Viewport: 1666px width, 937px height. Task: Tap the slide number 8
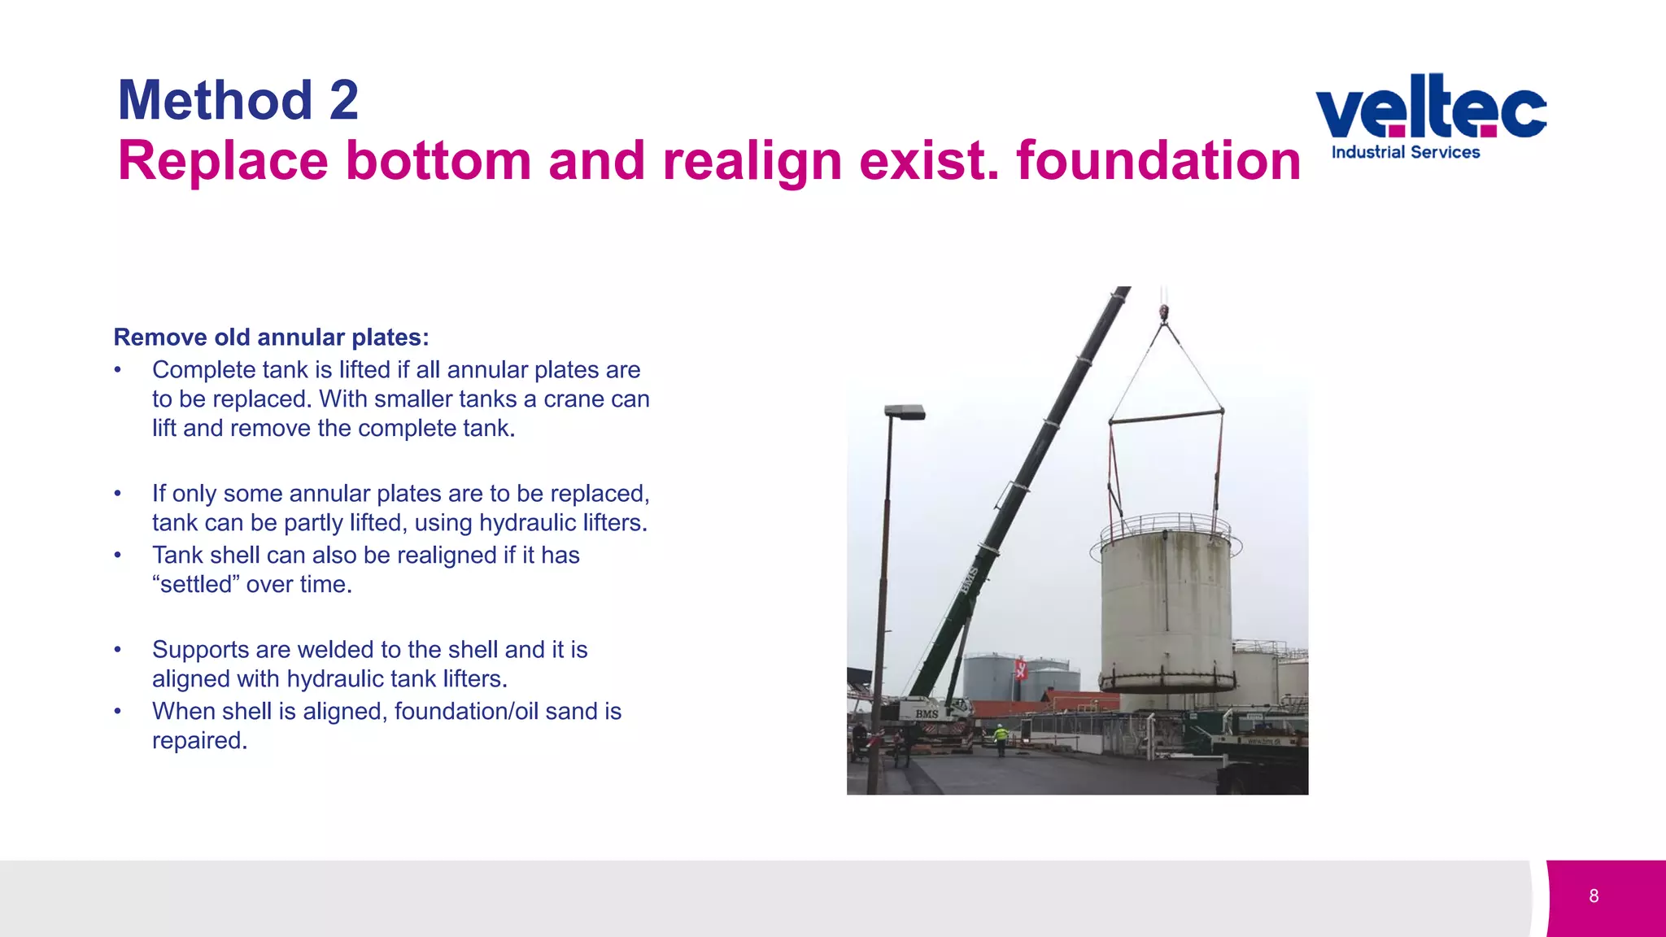point(1594,896)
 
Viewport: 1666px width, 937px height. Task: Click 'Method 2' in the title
point(238,100)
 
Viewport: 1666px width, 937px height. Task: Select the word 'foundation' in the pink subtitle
point(1158,160)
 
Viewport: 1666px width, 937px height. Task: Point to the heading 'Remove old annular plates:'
point(271,337)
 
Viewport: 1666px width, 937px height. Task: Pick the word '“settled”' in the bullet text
point(195,584)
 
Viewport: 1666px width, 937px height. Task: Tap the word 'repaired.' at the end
point(199,740)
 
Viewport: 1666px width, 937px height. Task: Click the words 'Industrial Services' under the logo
point(1405,152)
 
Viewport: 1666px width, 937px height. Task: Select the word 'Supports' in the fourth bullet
point(199,649)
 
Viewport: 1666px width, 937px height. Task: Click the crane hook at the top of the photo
point(1164,312)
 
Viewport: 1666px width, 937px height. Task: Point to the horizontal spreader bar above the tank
point(1166,416)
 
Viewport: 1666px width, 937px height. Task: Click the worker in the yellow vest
point(1001,736)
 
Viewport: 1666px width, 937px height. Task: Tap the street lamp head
point(905,412)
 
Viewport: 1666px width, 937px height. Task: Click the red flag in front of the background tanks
point(1021,669)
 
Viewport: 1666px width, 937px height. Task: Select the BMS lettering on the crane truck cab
point(927,713)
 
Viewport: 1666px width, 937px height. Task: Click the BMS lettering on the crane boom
point(968,580)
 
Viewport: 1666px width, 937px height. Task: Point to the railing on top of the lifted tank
point(1166,525)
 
